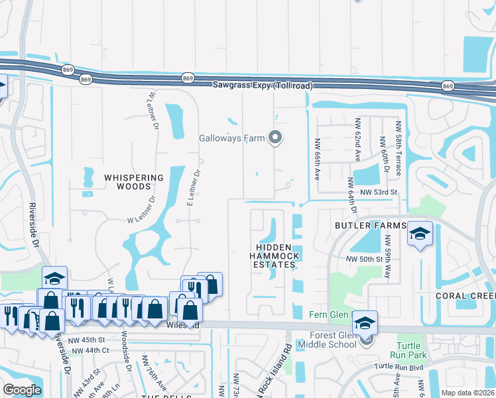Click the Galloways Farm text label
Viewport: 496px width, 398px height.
pyautogui.click(x=232, y=139)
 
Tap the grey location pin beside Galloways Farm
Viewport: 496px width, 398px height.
pyautogui.click(x=276, y=138)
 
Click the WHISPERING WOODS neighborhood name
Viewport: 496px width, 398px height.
pyautogui.click(x=133, y=182)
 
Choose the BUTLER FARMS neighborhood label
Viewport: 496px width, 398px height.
pyautogui.click(x=370, y=226)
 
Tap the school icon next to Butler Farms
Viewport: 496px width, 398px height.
pyautogui.click(x=420, y=233)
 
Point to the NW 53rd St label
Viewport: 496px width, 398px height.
pyautogui.click(x=378, y=192)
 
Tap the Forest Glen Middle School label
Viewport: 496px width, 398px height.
pyautogui.click(x=328, y=340)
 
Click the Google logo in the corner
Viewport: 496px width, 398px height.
pyautogui.click(x=22, y=390)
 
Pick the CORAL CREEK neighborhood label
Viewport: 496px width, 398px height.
pyautogui.click(x=465, y=296)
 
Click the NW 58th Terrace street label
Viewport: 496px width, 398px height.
pyautogui.click(x=399, y=149)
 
